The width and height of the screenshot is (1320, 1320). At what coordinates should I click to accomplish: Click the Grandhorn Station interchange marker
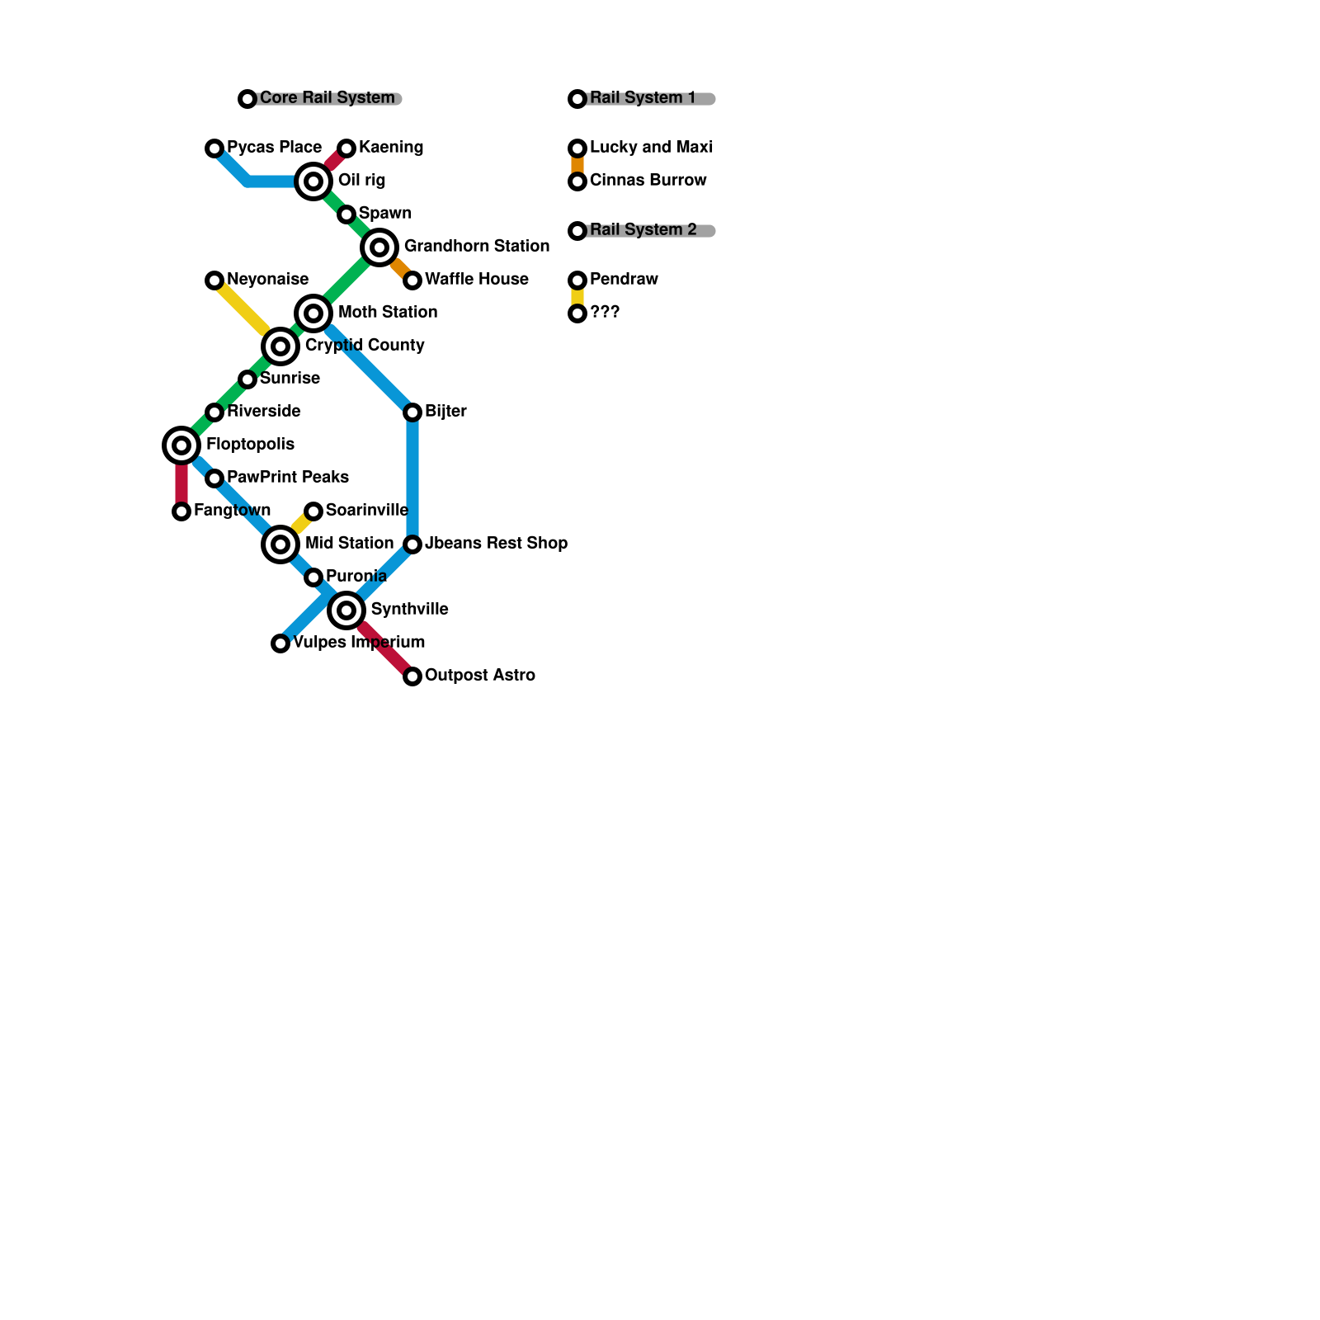coord(379,247)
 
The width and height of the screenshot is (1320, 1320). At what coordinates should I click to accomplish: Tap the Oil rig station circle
coord(313,181)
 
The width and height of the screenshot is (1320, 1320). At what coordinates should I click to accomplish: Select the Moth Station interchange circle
coord(313,313)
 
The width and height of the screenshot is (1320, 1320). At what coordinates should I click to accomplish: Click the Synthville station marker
coord(346,610)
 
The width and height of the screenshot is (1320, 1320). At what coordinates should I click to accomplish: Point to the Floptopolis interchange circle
coord(181,445)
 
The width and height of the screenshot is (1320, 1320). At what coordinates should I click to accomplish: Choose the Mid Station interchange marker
coord(280,544)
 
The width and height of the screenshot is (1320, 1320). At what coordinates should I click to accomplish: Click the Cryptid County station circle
coord(280,346)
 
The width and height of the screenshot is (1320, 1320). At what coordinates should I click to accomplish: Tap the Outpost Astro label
coord(479,675)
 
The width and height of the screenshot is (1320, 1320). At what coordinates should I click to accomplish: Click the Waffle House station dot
coord(412,280)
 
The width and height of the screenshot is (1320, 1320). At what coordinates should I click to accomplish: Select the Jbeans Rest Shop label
coord(496,543)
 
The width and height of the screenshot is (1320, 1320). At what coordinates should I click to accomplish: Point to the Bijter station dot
coord(412,412)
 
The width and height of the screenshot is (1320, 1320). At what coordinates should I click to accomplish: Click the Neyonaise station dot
coord(214,280)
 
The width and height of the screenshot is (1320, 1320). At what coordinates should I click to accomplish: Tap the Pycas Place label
coord(274,147)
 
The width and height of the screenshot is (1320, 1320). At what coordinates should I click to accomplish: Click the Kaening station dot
coord(346,148)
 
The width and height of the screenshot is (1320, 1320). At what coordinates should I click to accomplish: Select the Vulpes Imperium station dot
coord(280,643)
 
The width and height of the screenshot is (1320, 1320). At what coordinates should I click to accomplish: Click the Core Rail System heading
coord(327,97)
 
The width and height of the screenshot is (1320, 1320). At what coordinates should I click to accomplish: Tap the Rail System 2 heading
coord(643,229)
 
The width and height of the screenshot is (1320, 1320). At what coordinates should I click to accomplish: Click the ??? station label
coord(605,312)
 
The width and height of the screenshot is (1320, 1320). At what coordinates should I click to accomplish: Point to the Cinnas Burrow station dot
coord(577,181)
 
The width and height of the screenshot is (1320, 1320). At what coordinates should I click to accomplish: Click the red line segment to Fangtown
coord(181,483)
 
